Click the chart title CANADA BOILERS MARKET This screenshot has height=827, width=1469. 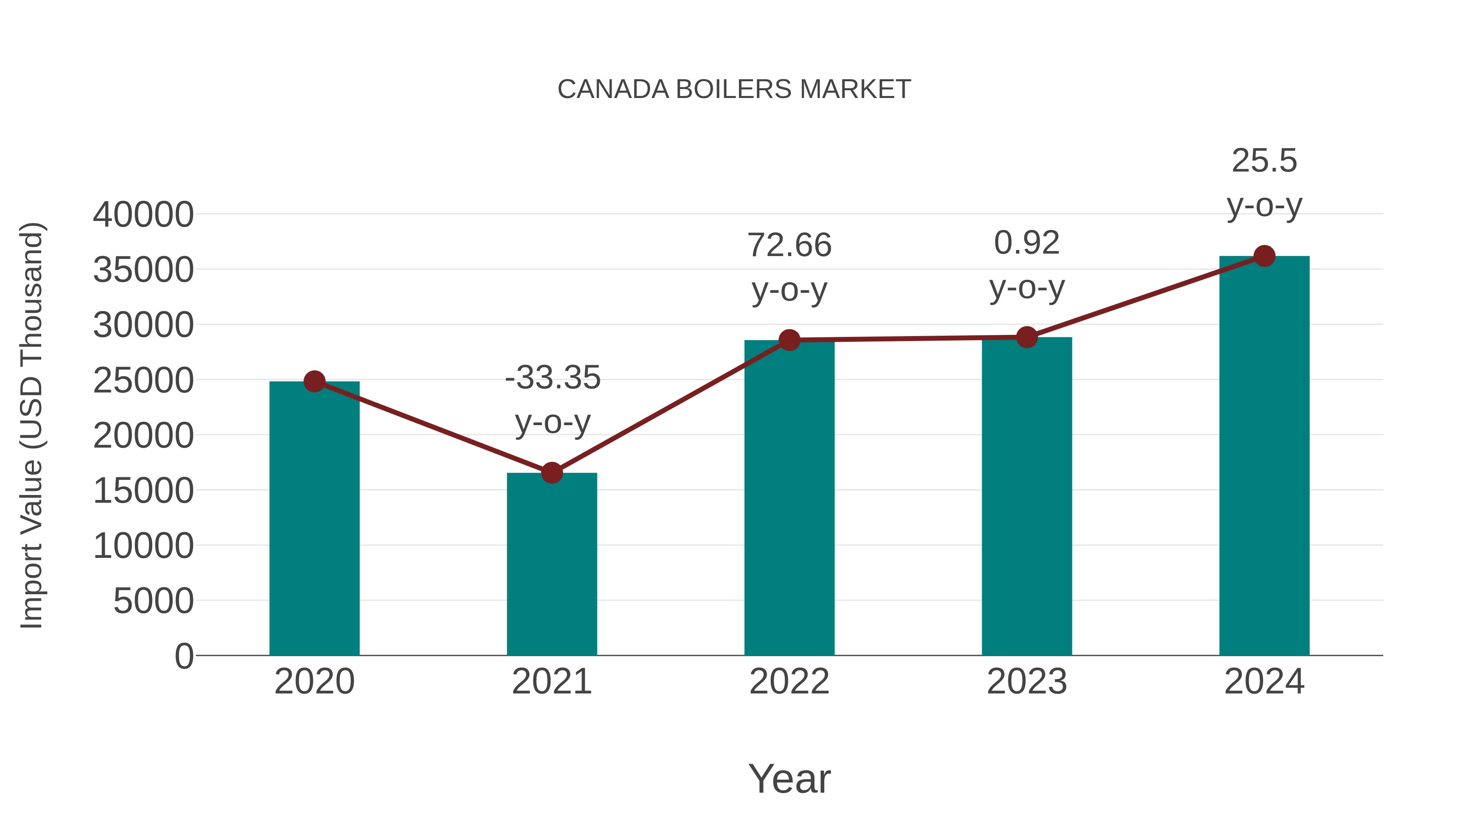734,89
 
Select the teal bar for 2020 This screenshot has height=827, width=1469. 314,519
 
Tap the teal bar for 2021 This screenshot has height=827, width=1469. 551,565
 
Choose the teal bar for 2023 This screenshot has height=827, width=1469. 1027,497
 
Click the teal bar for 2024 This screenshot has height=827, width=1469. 1264,457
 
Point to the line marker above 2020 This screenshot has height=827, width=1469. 314,381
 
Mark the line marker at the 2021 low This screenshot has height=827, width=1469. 551,473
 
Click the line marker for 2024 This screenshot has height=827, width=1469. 1264,256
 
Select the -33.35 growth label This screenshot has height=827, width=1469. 553,378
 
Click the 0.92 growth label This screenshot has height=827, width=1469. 1027,243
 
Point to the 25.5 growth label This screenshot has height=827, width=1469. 1264,161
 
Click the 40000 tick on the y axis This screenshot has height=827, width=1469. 143,215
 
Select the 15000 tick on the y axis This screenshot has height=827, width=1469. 143,491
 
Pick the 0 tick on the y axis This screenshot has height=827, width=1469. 184,656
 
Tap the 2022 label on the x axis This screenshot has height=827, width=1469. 789,682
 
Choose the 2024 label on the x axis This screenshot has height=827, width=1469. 1264,682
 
